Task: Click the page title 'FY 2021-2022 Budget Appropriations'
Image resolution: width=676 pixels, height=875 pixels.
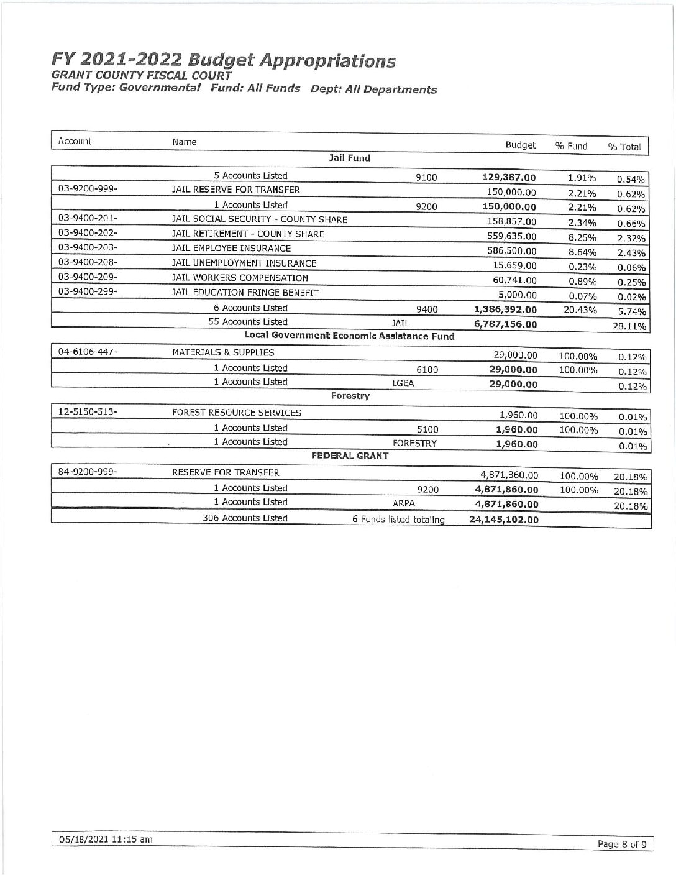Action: (x=224, y=61)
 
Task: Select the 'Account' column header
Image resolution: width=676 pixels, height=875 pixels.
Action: (x=75, y=141)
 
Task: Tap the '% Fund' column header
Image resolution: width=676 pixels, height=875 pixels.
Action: (x=571, y=146)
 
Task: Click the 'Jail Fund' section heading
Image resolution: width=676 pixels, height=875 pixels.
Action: (x=349, y=158)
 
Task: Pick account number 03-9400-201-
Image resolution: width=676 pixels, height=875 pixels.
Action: (x=88, y=219)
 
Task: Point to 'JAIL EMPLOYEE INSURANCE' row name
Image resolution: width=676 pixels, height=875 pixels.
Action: (x=231, y=249)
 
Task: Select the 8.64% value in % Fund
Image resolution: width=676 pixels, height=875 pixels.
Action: (x=582, y=252)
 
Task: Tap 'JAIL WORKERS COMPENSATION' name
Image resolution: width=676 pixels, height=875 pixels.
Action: (x=240, y=278)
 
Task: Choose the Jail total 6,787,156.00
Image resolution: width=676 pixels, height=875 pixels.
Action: (x=505, y=324)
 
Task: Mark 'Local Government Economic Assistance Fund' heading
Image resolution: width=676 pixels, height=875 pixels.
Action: (x=349, y=336)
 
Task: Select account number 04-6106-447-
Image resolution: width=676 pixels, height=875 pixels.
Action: (x=88, y=352)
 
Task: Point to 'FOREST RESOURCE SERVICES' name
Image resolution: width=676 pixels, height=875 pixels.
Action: (x=237, y=413)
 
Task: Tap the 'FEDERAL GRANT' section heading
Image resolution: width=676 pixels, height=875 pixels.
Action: (x=349, y=456)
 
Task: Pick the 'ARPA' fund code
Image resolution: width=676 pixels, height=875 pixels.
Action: (x=404, y=504)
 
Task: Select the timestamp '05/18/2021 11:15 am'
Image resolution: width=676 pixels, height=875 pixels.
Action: (x=105, y=839)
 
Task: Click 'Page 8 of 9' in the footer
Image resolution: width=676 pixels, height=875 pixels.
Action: (x=621, y=844)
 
